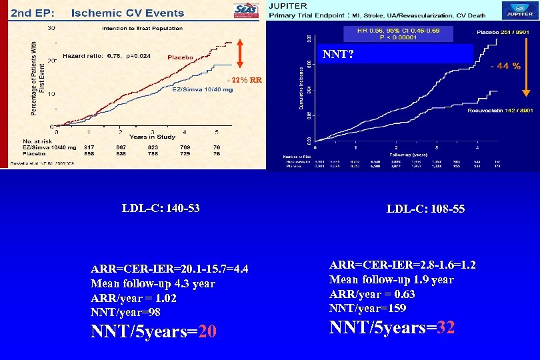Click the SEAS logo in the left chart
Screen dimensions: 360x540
tap(245, 13)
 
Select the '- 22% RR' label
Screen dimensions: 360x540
tap(245, 80)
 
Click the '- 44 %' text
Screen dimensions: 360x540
tap(506, 65)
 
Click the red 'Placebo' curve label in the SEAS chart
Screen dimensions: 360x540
tap(180, 58)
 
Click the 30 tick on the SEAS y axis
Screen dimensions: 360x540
tap(51, 27)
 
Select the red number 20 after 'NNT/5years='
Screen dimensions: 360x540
tap(207, 331)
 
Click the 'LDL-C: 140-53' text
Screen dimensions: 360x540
tap(161, 208)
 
